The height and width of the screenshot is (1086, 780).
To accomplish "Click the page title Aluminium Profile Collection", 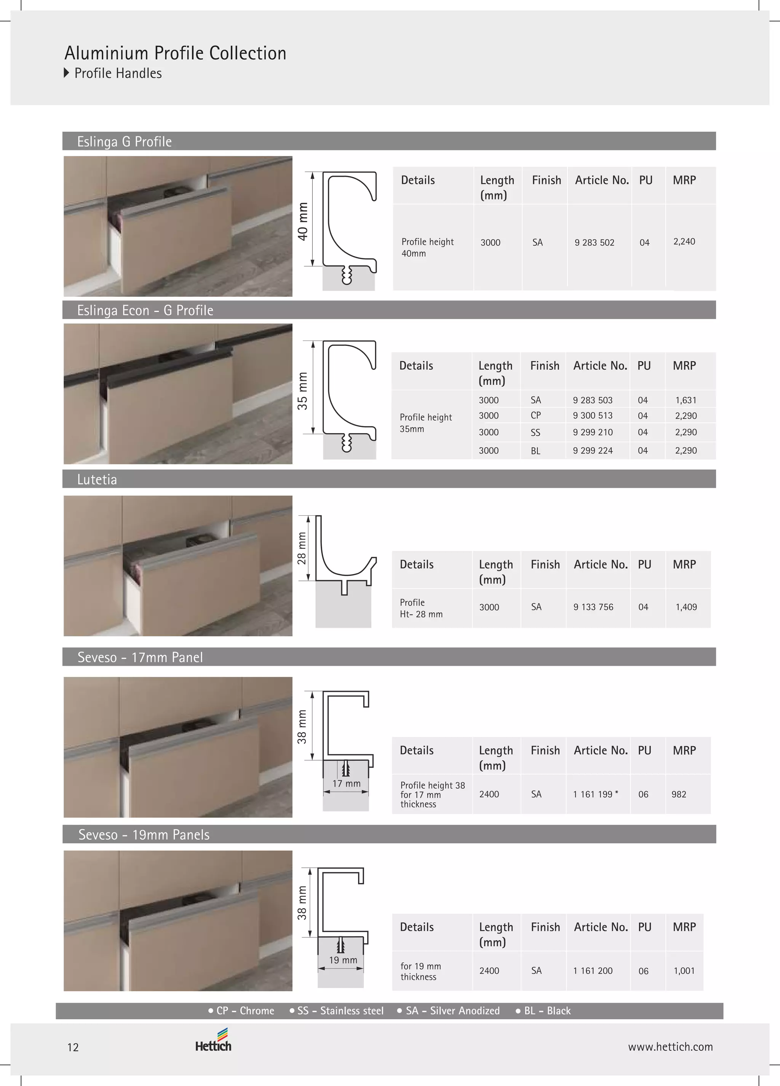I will coord(175,53).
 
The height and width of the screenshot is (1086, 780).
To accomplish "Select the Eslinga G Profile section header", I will coord(125,142).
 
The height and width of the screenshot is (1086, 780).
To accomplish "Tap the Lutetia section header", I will coord(97,479).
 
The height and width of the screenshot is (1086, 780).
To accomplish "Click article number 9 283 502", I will coord(594,243).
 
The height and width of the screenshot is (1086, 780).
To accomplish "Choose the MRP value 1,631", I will coord(686,400).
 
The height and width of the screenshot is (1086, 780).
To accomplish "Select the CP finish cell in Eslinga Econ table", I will coord(536,416).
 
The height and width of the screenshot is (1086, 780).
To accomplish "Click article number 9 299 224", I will coord(593,451).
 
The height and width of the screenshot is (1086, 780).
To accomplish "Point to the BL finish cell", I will coord(535,451).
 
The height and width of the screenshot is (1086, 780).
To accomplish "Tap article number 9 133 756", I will coord(593,607).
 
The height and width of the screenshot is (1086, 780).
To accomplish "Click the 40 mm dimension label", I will coord(303,221).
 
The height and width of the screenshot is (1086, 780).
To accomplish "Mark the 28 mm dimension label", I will coord(302,548).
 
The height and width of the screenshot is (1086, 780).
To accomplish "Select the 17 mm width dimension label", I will coord(346,784).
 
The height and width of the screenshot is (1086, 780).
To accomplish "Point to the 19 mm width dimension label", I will coord(343,960).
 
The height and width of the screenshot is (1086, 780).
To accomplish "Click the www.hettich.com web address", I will coord(670,1047).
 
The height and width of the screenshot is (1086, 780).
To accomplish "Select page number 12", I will coord(73,1048).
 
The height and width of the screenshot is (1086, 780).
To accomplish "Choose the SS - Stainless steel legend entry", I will coord(337,1011).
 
